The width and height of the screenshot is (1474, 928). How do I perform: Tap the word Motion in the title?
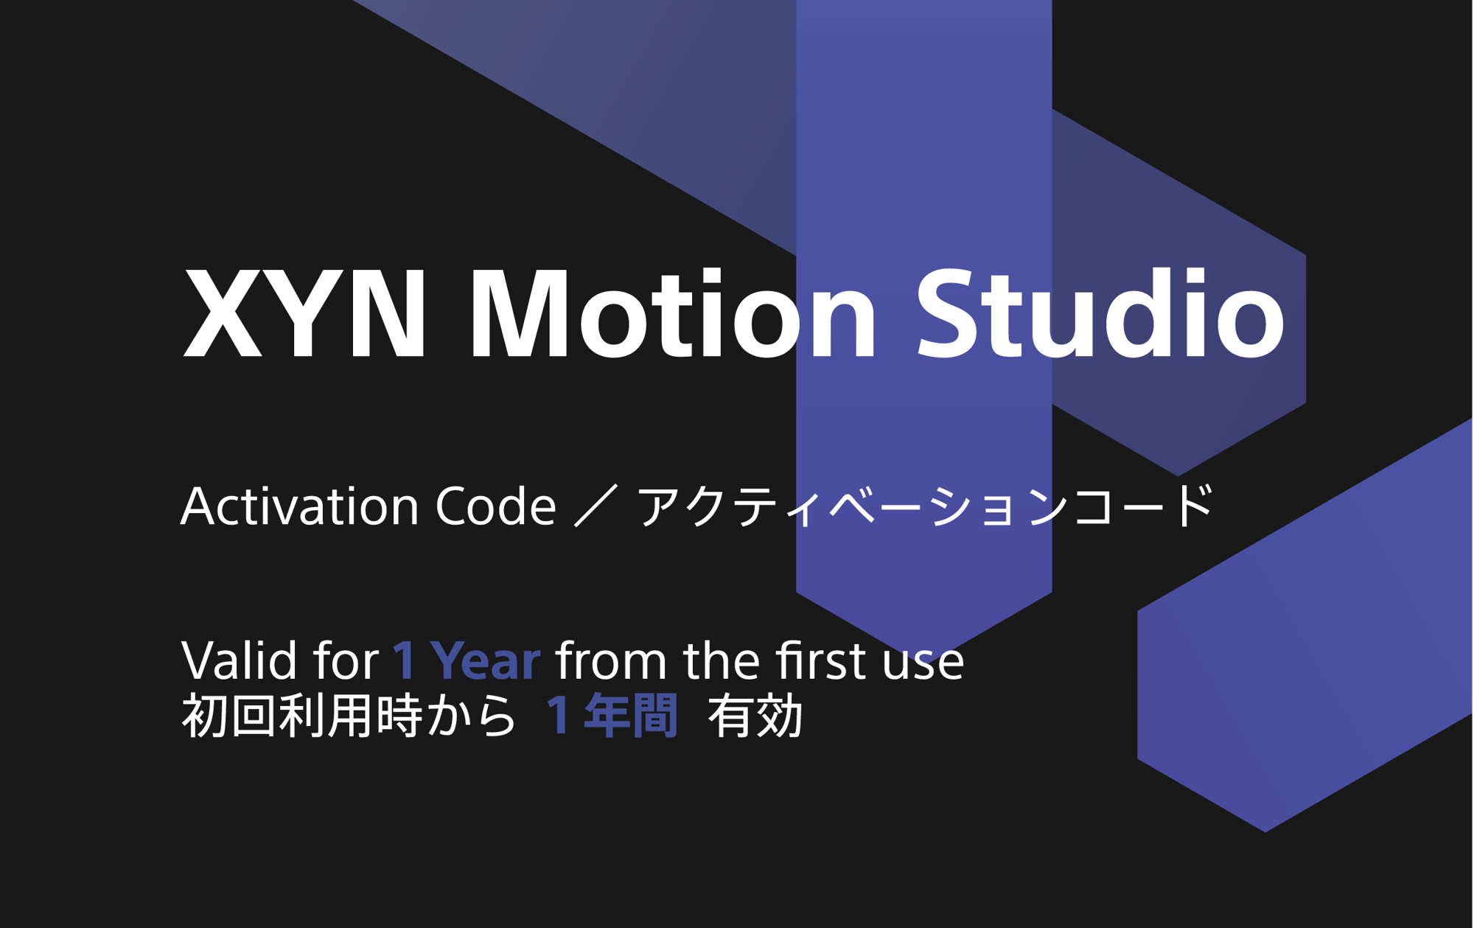coord(673,313)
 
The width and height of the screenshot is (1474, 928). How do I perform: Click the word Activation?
coord(301,506)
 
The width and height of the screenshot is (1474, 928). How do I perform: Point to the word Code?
coord(496,506)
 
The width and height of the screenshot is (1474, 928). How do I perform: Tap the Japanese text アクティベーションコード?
coord(924,506)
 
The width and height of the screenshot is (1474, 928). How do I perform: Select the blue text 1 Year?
coord(467,660)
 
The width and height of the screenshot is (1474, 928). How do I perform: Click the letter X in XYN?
coord(223,313)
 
